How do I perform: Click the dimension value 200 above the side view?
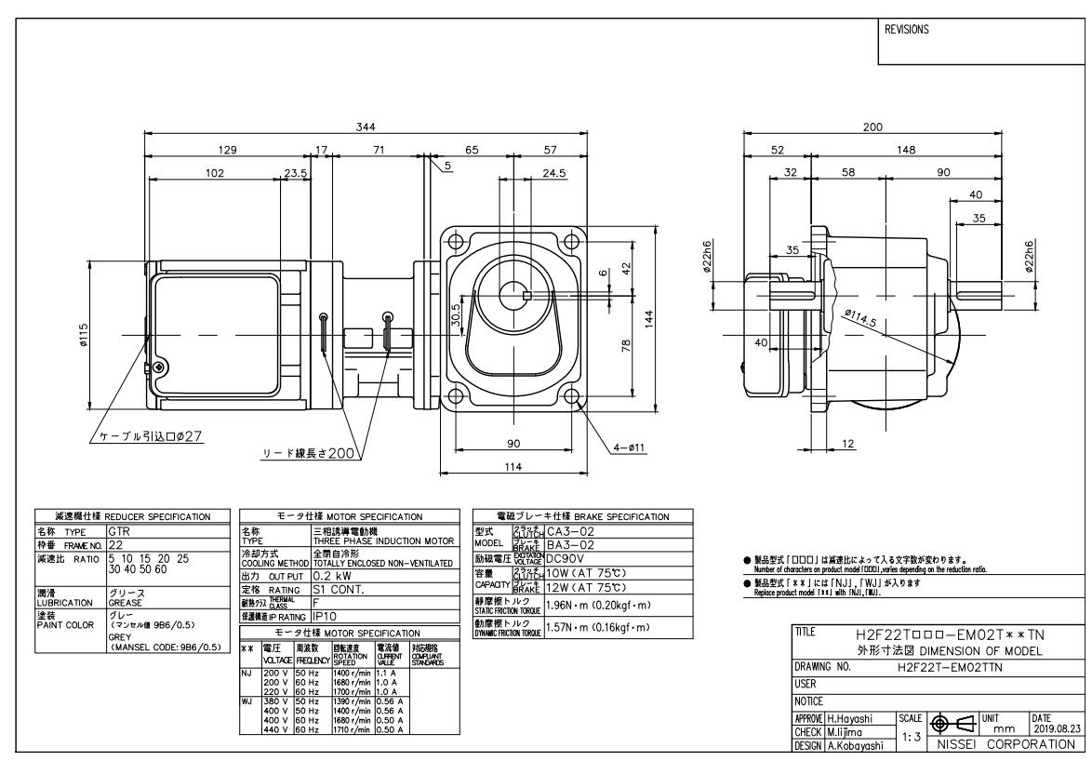click(x=872, y=126)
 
